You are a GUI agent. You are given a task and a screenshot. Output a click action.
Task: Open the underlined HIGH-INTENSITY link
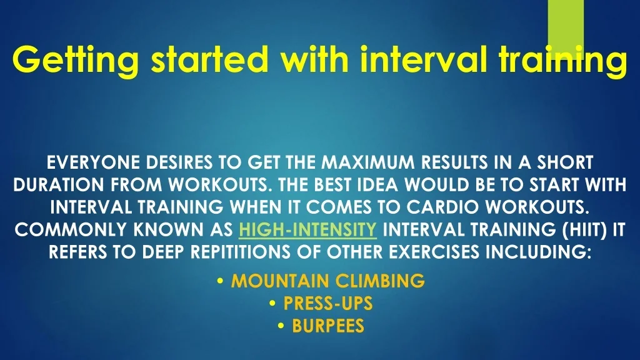pos(307,230)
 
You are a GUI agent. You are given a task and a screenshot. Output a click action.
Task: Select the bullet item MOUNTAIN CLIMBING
pos(327,281)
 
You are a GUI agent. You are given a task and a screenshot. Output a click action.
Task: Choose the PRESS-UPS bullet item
pos(327,303)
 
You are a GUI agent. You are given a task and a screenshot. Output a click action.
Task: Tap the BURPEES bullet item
pos(327,326)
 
